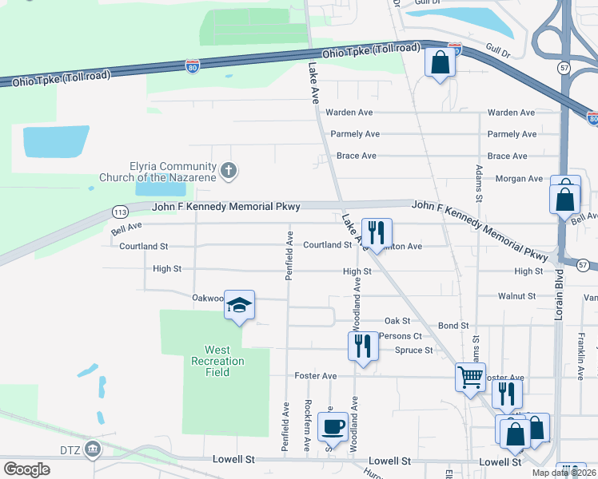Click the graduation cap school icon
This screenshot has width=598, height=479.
(x=239, y=305)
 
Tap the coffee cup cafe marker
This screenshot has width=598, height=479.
(x=333, y=426)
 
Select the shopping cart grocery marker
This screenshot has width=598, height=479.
(x=470, y=376)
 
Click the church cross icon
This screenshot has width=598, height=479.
(x=229, y=170)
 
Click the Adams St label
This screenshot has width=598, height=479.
(x=478, y=184)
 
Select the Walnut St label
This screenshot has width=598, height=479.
(x=516, y=296)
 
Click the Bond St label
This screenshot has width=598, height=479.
(x=453, y=326)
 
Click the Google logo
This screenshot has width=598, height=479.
(x=26, y=469)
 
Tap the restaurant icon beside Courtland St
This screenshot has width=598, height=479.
(x=377, y=232)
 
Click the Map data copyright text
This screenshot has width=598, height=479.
(x=563, y=473)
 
